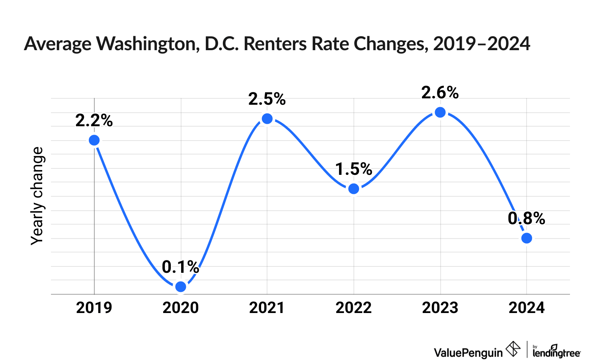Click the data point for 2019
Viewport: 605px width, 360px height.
pos(94,140)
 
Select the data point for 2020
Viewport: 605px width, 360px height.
pos(181,287)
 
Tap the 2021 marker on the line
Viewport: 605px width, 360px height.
pos(267,119)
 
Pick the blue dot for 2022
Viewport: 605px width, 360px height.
pos(353,189)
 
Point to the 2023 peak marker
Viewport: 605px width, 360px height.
pos(440,112)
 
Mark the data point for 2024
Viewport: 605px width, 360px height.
pos(527,238)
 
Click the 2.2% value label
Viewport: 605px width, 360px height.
pos(94,120)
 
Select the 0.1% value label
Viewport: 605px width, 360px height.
pos(180,267)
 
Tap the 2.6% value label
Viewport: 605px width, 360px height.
pos(440,92)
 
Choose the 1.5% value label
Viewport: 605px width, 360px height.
pos(353,169)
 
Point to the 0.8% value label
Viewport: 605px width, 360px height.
pos(526,218)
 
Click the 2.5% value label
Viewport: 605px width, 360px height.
pos(267,99)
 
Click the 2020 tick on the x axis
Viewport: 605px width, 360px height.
pos(180,308)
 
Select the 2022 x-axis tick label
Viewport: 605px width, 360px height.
pos(353,308)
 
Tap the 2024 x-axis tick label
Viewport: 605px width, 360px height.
pos(527,308)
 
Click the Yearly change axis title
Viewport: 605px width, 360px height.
pos(37,196)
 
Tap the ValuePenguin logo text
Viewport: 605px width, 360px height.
pos(468,352)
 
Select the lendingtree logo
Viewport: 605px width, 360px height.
pos(556,351)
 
